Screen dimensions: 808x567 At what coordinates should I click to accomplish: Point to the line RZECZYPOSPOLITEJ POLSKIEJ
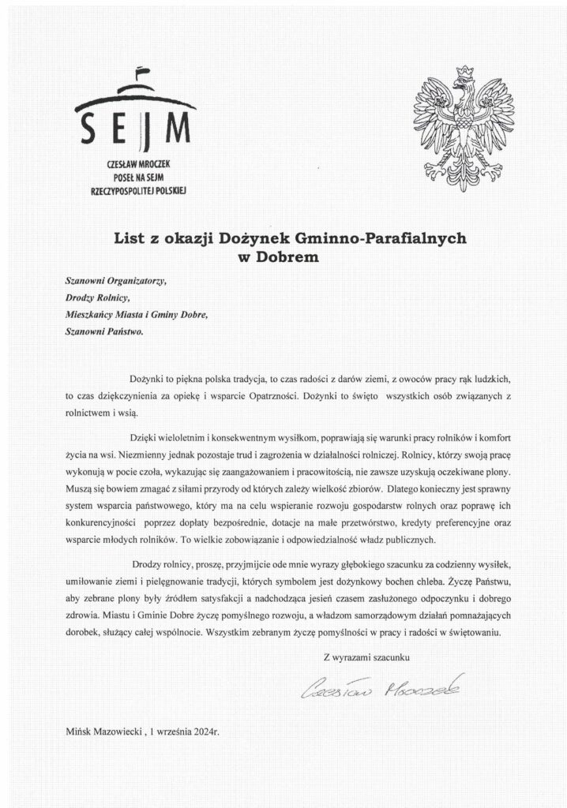click(137, 189)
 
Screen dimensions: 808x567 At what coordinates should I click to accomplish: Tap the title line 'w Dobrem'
click(283, 255)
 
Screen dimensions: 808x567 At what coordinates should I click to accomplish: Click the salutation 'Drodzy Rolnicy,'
click(96, 297)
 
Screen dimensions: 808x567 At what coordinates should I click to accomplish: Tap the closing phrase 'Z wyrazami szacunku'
click(367, 656)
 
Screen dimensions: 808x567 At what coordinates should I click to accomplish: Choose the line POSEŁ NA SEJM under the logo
click(137, 177)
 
